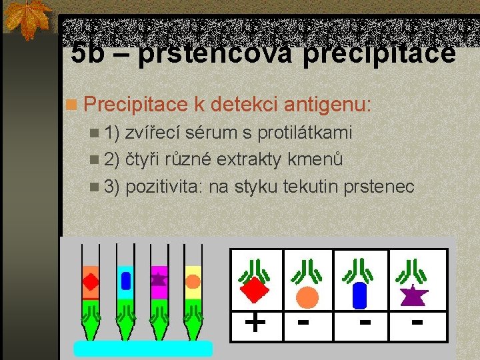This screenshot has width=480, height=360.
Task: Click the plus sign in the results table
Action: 255,323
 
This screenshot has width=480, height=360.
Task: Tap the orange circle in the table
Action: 307,296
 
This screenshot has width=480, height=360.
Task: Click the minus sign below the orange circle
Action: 304,323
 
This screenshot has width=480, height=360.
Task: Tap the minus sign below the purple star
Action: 417,323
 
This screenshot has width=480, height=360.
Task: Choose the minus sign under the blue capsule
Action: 364,323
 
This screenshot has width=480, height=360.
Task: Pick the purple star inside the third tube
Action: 159,277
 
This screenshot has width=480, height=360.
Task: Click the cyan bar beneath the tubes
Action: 143,349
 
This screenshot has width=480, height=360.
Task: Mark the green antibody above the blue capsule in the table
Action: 360,269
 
